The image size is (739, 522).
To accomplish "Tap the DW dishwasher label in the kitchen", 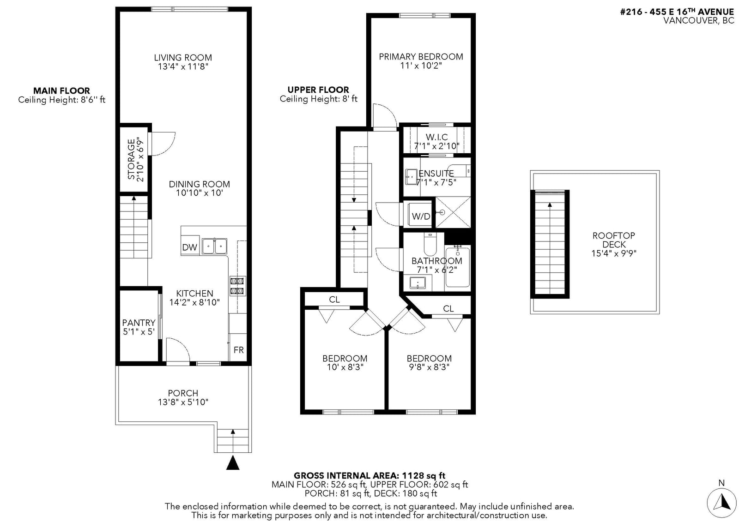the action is point(190,247).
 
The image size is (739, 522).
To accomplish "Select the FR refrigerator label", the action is point(238,350).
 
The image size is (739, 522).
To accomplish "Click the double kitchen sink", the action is point(214,246).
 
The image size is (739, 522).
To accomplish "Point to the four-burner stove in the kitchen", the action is point(237,286).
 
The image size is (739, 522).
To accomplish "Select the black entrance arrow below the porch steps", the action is point(233,462).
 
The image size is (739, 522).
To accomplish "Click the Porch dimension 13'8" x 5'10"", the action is point(183,402).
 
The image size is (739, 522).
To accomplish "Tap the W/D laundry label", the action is point(421,216).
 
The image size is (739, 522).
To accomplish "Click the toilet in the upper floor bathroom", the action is point(430,244).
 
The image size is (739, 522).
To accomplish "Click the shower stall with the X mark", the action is point(453,212).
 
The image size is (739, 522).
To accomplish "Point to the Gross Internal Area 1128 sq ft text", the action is point(369,475).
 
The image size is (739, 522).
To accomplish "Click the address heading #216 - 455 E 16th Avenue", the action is point(677,12).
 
